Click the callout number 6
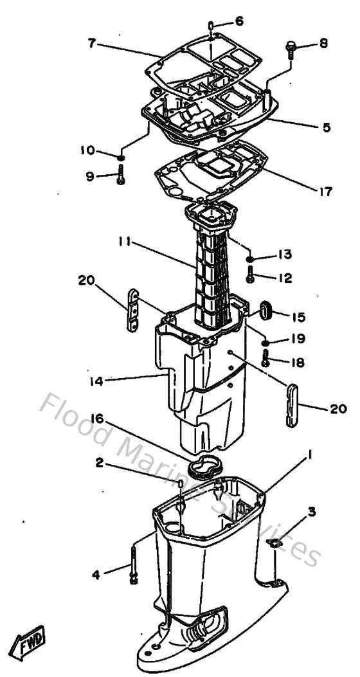(x=239, y=21)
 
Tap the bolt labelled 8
(x=289, y=50)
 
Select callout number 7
(x=92, y=44)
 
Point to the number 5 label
(x=327, y=127)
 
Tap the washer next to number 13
(x=251, y=260)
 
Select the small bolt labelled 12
(x=250, y=277)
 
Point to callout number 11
(x=125, y=242)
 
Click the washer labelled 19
(x=265, y=341)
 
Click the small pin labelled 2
(x=181, y=483)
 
